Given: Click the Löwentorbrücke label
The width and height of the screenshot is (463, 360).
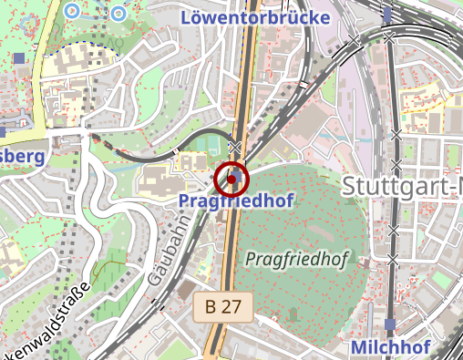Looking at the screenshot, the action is click(255, 16).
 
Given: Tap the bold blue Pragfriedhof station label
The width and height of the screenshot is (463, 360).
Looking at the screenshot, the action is click(236, 200).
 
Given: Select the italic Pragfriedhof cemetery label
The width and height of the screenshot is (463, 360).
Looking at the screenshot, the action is click(297, 259).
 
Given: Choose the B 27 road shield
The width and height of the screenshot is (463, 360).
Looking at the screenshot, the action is click(222, 307).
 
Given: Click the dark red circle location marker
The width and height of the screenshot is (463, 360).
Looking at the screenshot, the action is click(231, 179).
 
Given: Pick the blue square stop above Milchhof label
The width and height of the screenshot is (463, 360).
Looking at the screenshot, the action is click(390, 324).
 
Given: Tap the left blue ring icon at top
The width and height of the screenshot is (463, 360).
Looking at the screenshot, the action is click(72, 11).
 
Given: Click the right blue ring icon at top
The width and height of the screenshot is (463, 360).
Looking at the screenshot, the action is click(118, 14).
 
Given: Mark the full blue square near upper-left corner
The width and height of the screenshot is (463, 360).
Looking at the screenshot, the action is click(19, 58).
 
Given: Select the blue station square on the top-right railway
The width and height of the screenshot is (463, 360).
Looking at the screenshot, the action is click(388, 14).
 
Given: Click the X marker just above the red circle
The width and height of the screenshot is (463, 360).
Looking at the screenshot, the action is click(235, 147).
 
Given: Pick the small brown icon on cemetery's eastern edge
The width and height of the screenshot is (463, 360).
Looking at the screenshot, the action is click(365, 262).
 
